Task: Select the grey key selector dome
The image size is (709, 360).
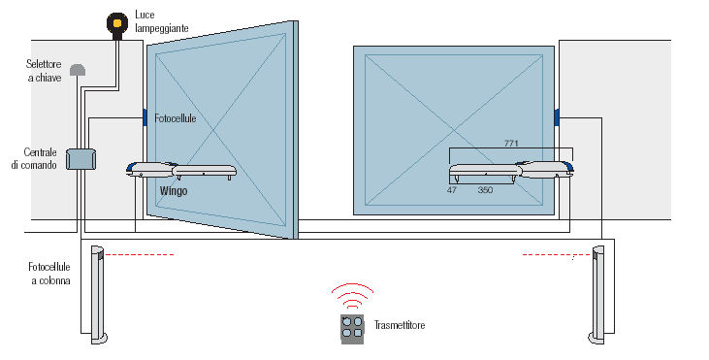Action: (x=78, y=70)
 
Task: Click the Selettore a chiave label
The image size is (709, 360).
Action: (x=44, y=71)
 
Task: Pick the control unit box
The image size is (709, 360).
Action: (x=81, y=159)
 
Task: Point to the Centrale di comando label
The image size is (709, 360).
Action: (x=34, y=158)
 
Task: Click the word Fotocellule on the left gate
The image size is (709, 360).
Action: (x=176, y=118)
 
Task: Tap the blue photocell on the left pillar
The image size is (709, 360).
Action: (x=145, y=117)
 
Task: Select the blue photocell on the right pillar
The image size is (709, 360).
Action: (x=557, y=116)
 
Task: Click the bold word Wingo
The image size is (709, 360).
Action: (x=174, y=191)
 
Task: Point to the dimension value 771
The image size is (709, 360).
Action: (x=511, y=144)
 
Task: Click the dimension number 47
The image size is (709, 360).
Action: (x=452, y=190)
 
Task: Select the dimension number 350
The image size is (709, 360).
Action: (x=485, y=190)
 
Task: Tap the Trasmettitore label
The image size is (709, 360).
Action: (x=400, y=325)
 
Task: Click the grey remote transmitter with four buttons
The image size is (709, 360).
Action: (x=352, y=329)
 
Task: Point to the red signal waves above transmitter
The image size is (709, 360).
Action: (x=353, y=295)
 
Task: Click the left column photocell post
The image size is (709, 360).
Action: (x=99, y=295)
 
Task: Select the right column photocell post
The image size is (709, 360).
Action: (x=597, y=295)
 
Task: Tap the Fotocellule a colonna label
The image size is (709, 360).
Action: (x=49, y=274)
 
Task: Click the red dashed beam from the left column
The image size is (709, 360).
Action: (x=140, y=255)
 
